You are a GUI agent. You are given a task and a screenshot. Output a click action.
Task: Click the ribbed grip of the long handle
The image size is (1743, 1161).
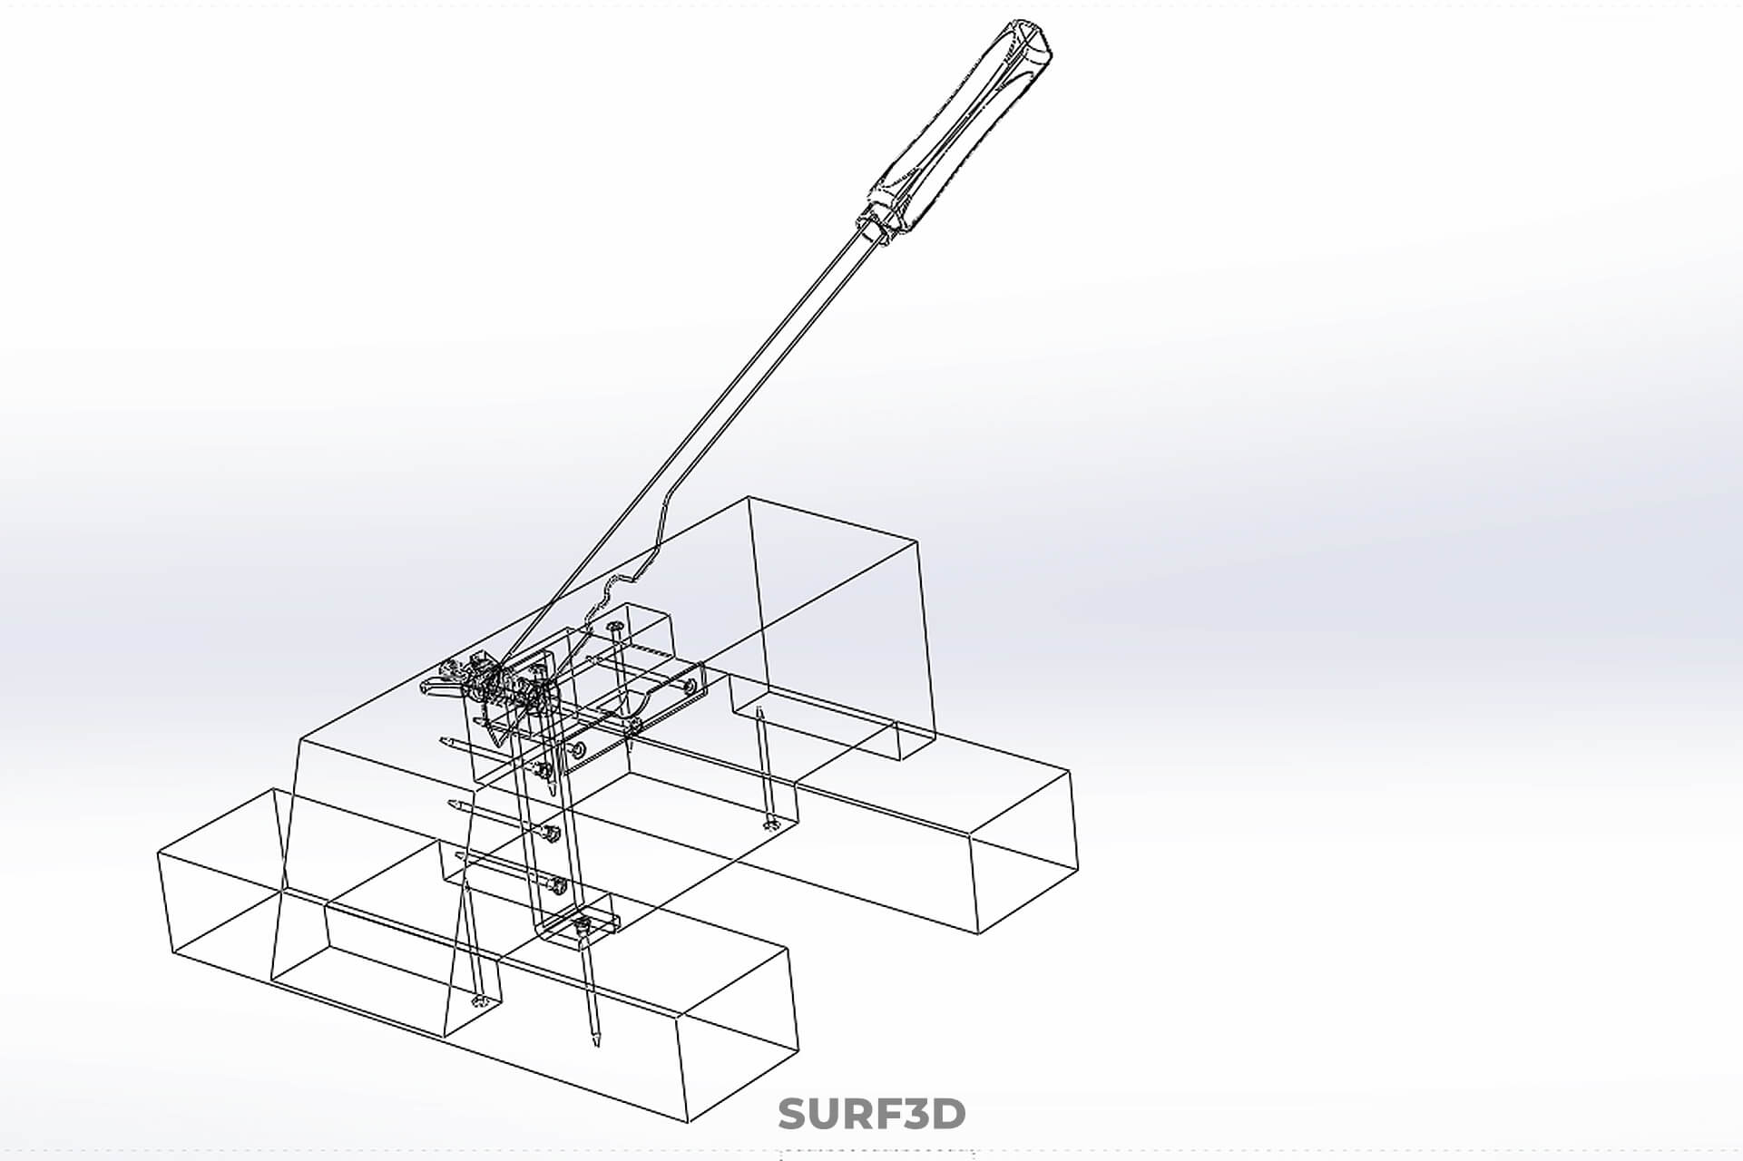point(962,127)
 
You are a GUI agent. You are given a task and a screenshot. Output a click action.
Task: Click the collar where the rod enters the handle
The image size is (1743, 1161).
point(872,226)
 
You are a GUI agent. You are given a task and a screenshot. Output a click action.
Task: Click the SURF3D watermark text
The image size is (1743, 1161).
point(871,1114)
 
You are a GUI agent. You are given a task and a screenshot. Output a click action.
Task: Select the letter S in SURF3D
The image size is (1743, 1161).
point(792,1114)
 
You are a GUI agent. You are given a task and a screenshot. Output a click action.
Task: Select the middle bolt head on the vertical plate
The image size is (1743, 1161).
point(550,831)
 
